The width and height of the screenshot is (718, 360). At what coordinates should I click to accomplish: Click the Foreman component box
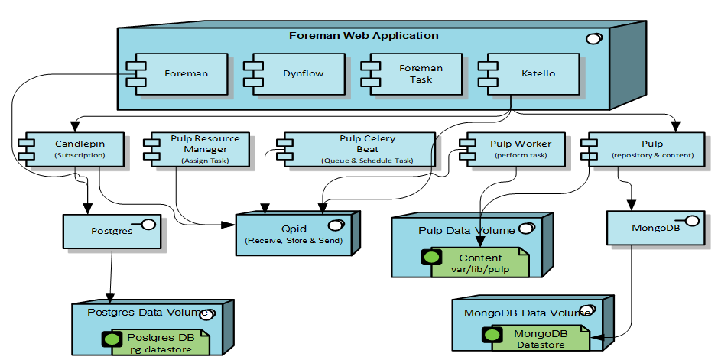point(185,74)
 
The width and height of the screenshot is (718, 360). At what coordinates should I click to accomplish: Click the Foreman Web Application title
point(363,35)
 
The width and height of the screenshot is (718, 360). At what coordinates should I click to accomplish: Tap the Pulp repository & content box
point(642,148)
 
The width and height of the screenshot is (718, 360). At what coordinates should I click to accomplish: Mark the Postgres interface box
point(111,230)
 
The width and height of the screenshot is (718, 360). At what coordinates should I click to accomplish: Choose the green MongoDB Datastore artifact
point(538,339)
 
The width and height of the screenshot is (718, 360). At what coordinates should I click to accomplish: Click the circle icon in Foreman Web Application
point(593,39)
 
